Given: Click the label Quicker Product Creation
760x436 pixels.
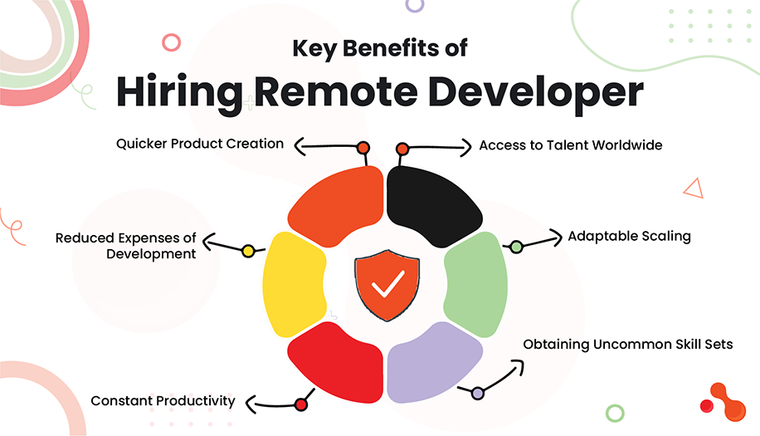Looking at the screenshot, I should [199, 144].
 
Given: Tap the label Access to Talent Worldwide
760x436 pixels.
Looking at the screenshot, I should [571, 145].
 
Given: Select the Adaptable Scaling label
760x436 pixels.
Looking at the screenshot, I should [629, 236].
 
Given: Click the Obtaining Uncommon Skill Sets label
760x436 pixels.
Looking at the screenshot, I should [627, 344].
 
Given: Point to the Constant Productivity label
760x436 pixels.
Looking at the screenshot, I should [163, 401].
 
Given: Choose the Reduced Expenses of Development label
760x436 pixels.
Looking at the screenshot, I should [126, 246].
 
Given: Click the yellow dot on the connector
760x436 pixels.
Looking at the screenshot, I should [247, 250].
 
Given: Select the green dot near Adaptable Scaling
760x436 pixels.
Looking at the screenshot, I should [516, 247].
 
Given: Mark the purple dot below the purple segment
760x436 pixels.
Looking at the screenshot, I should [477, 393].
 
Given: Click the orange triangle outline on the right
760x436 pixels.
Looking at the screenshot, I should [694, 189].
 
